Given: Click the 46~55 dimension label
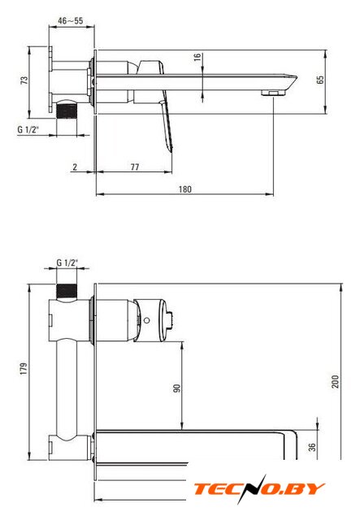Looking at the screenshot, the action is pos(71,21).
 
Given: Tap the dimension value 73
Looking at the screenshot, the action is pos(24,80).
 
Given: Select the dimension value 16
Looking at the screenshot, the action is pos(197,57).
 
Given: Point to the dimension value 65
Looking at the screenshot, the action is pos(320,80).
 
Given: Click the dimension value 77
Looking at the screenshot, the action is pos(135,167).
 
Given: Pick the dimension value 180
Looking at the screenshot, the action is pos(185,189).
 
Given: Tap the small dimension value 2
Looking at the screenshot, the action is pos(75,167).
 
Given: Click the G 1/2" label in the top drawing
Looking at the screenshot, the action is pos(28,129).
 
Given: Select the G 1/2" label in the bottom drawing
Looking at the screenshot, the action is pos(67,262).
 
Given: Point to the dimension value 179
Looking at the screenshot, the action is pos(24,369).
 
